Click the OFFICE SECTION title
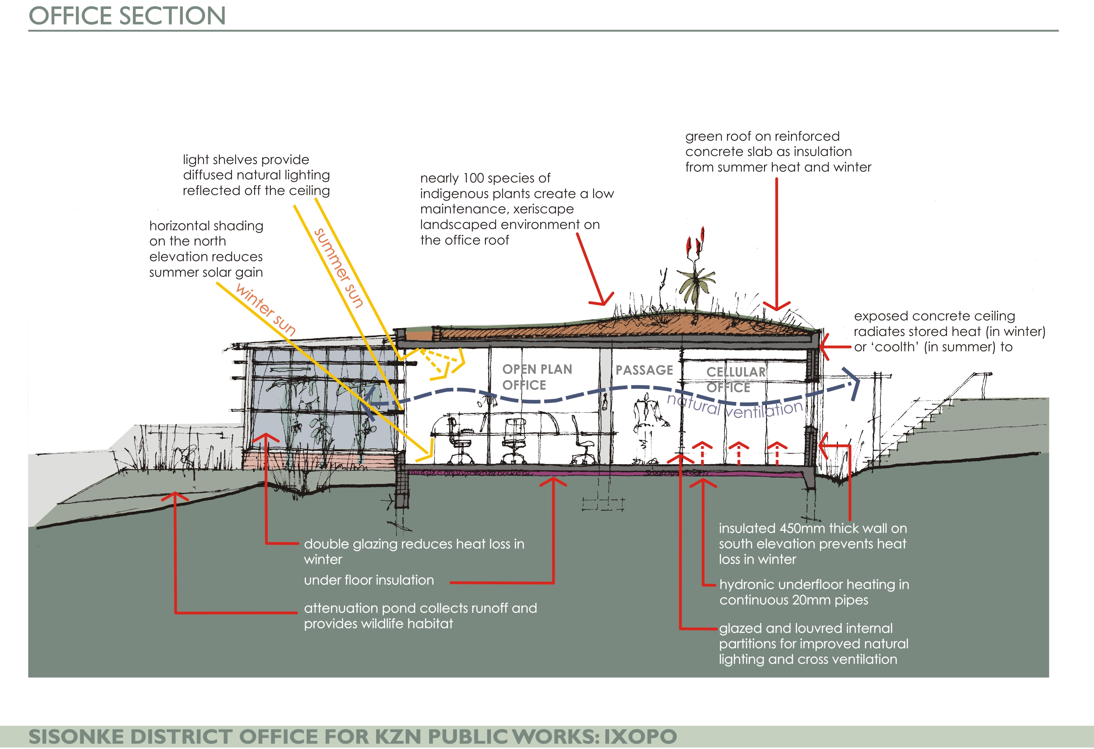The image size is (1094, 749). [x=127, y=16]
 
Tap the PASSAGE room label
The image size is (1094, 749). [x=644, y=370]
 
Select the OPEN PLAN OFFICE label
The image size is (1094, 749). [x=537, y=377]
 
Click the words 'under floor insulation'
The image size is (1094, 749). [x=369, y=580]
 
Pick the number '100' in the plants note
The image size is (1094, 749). [x=474, y=178]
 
